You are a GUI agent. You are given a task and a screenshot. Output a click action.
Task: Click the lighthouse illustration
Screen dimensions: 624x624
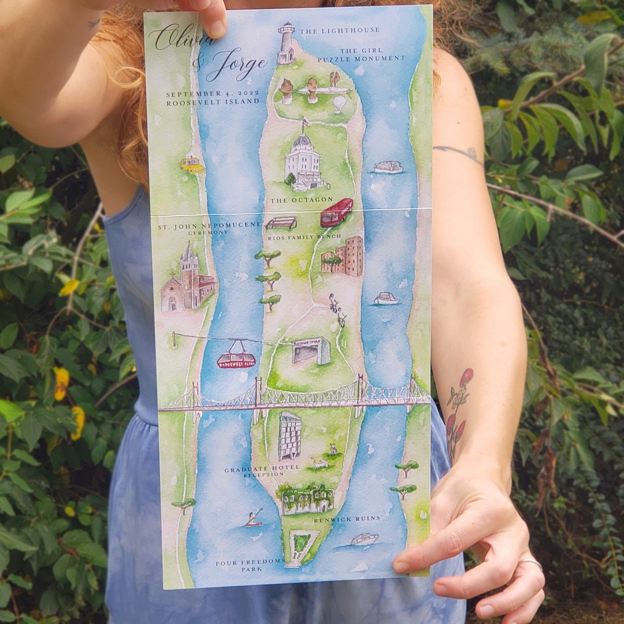coord(286,44)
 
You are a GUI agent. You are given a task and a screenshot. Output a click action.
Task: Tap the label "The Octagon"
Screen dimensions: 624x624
coord(302,200)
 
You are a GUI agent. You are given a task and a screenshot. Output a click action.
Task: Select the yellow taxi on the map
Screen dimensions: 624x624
coord(192,165)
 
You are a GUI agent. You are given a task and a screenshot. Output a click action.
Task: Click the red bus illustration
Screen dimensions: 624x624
coord(336,212)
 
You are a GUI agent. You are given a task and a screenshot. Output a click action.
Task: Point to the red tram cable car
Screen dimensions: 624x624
coord(236,358)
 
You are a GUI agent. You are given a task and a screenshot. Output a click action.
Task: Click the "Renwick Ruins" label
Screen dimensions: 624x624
coord(347,519)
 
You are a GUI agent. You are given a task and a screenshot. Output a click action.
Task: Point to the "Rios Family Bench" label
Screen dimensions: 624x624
coord(304,237)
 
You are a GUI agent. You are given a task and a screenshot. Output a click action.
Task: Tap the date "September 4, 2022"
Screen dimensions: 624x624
coord(212,94)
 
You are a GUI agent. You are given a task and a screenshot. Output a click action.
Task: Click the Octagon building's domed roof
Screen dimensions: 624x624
coord(302,141)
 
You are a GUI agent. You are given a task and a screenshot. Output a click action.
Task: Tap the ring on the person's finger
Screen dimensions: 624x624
coord(532,562)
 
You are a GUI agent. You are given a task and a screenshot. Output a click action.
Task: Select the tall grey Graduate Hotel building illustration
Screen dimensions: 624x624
coord(289,436)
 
